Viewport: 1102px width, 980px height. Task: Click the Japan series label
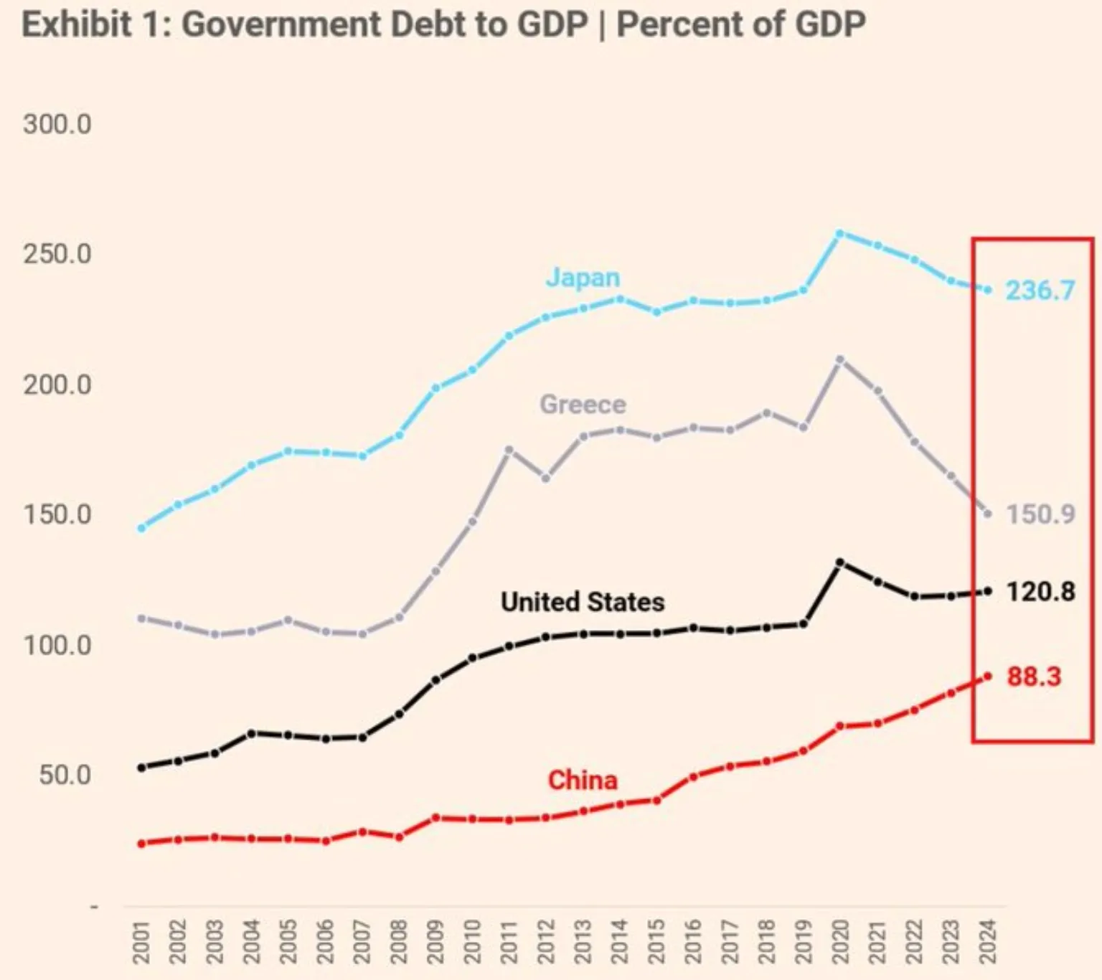(583, 278)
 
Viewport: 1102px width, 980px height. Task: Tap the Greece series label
(583, 405)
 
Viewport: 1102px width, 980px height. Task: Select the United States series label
(583, 602)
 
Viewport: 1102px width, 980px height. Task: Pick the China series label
(583, 780)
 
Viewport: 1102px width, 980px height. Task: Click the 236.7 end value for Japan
(1040, 291)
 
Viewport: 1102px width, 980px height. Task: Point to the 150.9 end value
(1040, 514)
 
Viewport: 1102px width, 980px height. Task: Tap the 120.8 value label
(1040, 592)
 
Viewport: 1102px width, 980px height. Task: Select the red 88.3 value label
(1033, 677)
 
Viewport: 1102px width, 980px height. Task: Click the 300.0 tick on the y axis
(57, 124)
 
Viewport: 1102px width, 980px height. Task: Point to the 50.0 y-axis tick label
(65, 775)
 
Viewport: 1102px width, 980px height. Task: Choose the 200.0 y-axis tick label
(57, 385)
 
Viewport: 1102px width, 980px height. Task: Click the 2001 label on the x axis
(141, 941)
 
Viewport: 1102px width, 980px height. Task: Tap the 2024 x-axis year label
(988, 941)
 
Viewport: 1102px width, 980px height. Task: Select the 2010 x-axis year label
(473, 941)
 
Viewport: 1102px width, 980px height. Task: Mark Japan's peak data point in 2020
(839, 233)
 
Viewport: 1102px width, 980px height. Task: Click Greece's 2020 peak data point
(840, 359)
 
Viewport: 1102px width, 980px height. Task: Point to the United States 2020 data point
(840, 562)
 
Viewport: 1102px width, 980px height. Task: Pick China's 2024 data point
(988, 676)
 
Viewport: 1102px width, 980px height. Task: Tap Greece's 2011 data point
(509, 450)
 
